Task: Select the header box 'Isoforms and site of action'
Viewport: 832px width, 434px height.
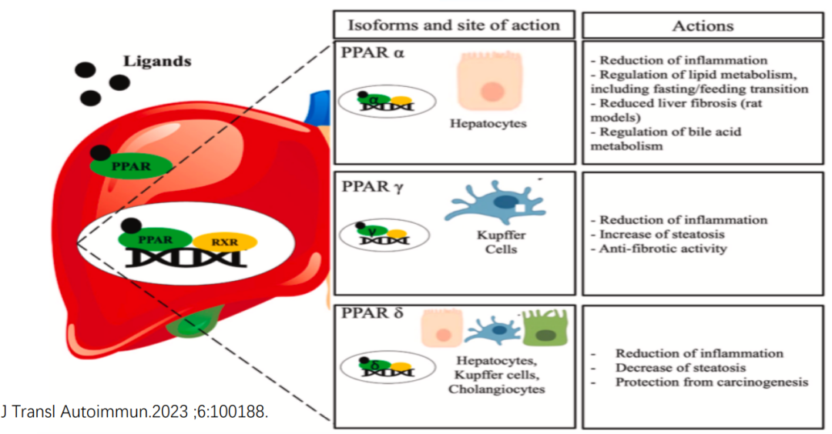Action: pos(454,25)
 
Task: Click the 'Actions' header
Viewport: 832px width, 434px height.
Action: pos(703,25)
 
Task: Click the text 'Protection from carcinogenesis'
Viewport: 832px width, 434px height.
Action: pos(712,382)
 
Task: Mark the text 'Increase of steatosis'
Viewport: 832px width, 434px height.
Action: pos(663,234)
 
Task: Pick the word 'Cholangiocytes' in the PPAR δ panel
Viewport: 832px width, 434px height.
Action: pos(498,389)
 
